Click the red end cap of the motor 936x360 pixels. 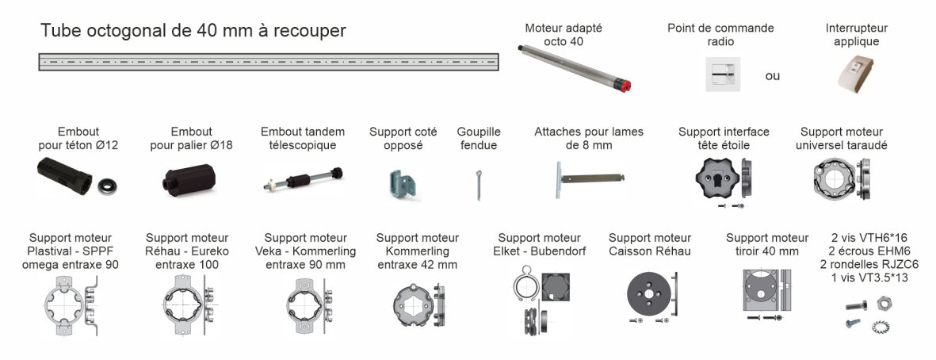point(625,86)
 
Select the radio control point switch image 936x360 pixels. point(723,74)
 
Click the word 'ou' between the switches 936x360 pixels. point(773,76)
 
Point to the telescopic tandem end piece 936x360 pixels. point(304,180)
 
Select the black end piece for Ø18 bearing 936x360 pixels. point(185,180)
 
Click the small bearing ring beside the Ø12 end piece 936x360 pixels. point(108,186)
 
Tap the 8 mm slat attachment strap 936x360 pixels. point(590,178)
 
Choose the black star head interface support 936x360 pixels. point(717,178)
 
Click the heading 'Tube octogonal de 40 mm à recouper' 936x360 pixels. point(193,31)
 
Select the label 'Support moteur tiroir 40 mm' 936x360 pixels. point(767,245)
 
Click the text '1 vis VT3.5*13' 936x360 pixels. point(873,278)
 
